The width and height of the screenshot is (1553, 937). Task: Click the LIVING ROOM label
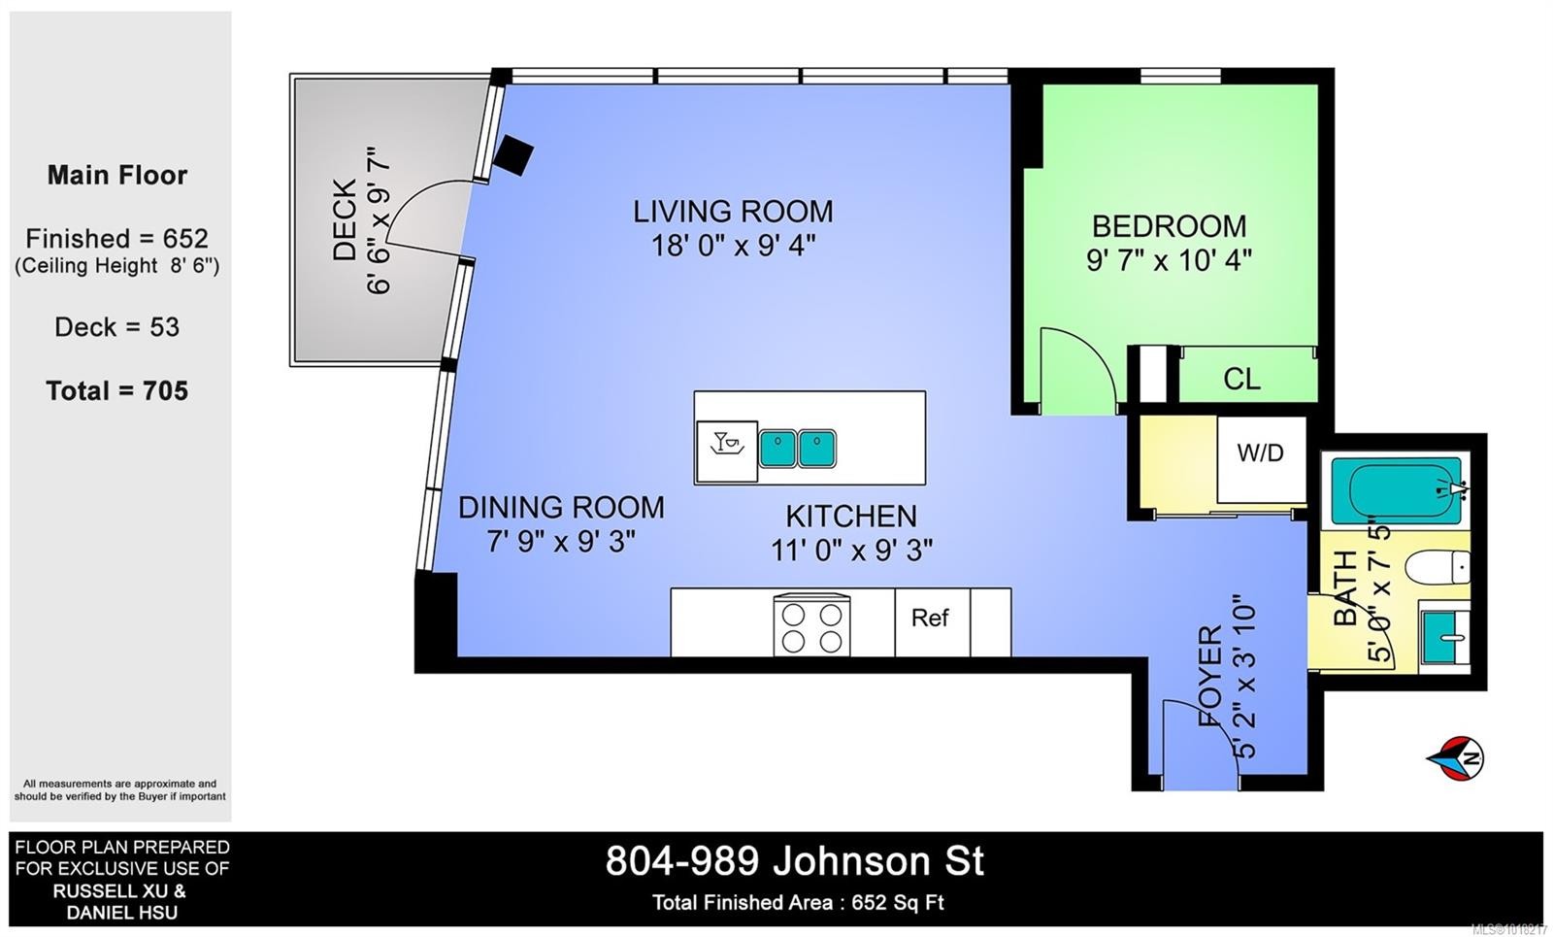[x=733, y=212]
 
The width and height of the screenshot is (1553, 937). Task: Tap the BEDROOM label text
[x=1169, y=226]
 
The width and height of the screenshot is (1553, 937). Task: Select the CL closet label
[x=1241, y=379]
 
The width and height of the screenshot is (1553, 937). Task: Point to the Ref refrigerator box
[x=932, y=621]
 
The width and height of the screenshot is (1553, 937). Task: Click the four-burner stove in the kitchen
[x=811, y=625]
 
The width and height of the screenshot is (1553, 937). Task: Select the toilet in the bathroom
[x=1437, y=567]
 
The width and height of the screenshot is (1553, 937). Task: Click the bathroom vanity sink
[x=1444, y=636]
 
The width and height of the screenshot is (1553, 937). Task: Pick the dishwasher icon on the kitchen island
[x=727, y=451]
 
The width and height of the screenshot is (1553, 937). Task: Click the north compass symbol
[x=1457, y=758]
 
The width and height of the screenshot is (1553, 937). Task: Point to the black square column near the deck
[x=513, y=155]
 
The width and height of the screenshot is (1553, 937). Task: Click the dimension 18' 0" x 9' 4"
[x=733, y=246]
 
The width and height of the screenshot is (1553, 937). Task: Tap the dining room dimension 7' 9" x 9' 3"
[x=561, y=541]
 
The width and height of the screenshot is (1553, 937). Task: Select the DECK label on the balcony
[x=346, y=219]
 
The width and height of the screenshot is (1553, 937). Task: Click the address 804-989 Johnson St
[x=795, y=860]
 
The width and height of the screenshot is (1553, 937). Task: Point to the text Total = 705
[x=117, y=390]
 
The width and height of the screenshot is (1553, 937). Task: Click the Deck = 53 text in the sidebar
[x=117, y=326]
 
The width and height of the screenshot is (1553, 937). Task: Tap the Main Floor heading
[x=117, y=175]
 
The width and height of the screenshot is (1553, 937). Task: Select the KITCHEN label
[x=850, y=516]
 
